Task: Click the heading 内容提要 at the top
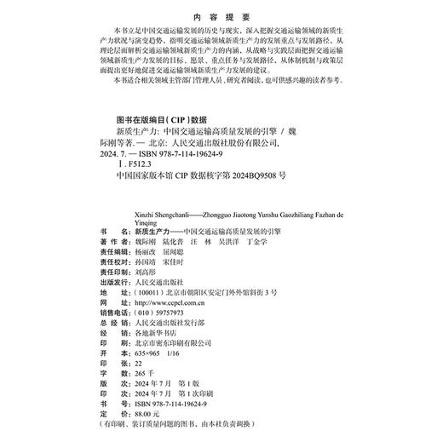(220, 15)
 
